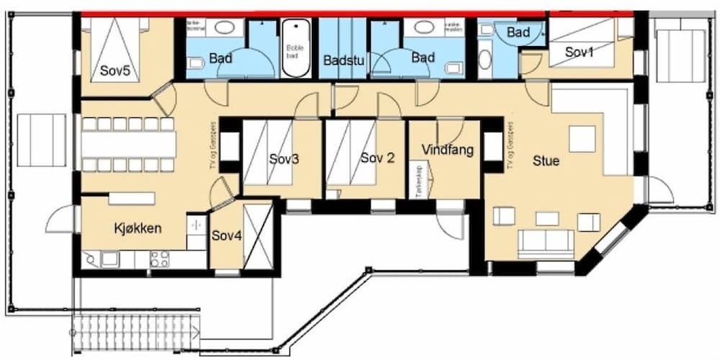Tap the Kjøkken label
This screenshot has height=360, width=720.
pos(138,228)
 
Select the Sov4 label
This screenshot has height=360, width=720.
pos(225,235)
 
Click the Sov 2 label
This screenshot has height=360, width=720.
pos(377,158)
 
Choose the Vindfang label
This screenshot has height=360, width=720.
pos(447,150)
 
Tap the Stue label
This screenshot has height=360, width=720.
pos(545,161)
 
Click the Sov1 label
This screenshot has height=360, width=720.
pos(580,53)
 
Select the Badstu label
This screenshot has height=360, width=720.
pos(343,60)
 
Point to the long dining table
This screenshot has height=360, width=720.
pos(128,144)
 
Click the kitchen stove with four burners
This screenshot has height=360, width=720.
pos(159,258)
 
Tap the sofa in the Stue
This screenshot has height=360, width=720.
pos(546,243)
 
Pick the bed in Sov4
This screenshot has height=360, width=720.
pos(257,236)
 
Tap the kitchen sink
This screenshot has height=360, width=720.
pos(109,257)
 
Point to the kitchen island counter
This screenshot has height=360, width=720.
pos(131,198)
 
